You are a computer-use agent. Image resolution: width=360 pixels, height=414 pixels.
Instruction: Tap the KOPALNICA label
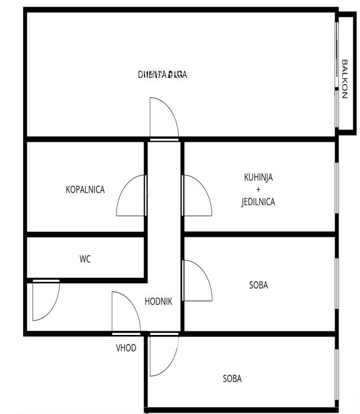(x=85, y=190)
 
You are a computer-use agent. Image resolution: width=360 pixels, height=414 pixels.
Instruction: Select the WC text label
(x=85, y=259)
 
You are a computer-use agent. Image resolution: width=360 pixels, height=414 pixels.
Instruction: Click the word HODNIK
(x=158, y=302)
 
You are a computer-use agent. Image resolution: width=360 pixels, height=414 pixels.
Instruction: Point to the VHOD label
(x=126, y=348)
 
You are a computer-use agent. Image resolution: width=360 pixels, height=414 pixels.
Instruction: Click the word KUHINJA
(x=258, y=177)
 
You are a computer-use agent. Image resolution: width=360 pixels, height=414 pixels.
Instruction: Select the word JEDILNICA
(x=258, y=202)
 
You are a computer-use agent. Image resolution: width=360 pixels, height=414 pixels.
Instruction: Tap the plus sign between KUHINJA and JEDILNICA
(x=258, y=190)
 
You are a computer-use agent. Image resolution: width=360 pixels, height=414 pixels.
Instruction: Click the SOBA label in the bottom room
(x=232, y=378)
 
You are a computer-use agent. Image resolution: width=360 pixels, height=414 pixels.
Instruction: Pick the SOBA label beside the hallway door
(x=258, y=285)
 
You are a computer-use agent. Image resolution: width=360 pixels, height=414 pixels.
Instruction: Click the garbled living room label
(x=163, y=75)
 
